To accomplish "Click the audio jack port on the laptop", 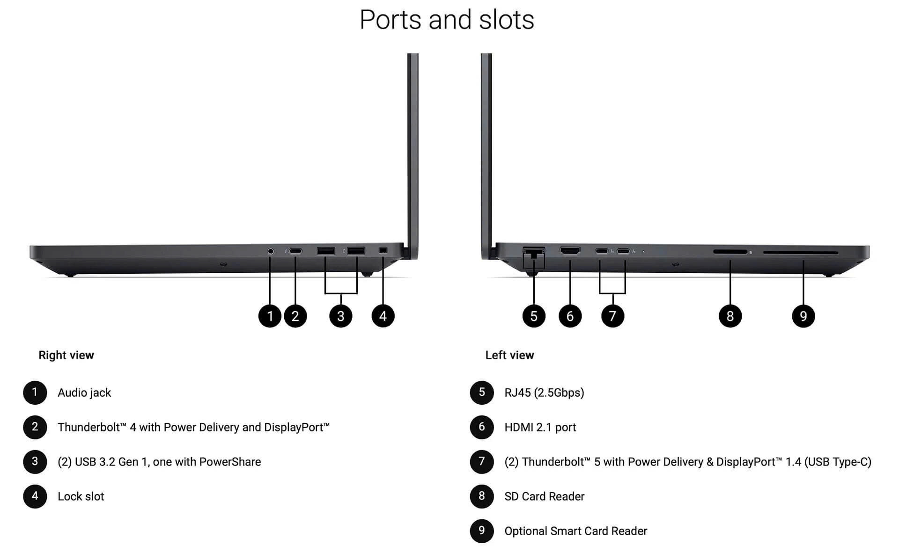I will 270,251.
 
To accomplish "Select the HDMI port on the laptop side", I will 570,251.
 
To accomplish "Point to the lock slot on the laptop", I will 383,251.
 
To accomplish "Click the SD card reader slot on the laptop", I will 730,252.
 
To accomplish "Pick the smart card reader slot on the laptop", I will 800,253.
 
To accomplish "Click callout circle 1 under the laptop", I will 270,316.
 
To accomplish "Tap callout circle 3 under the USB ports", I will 340,316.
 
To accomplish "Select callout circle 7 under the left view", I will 612,316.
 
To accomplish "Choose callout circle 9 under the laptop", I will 803,316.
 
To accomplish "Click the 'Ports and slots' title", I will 447,20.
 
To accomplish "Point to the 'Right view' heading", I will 66,355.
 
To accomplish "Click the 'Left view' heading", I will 509,355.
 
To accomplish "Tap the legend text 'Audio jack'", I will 84,393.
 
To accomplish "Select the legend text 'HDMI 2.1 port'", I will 540,427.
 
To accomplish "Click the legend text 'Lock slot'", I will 81,496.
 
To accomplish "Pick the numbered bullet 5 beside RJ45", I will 482,392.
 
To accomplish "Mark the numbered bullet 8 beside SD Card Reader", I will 482,496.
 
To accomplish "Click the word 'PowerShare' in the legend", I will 230,462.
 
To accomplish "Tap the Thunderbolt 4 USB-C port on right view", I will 295,251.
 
